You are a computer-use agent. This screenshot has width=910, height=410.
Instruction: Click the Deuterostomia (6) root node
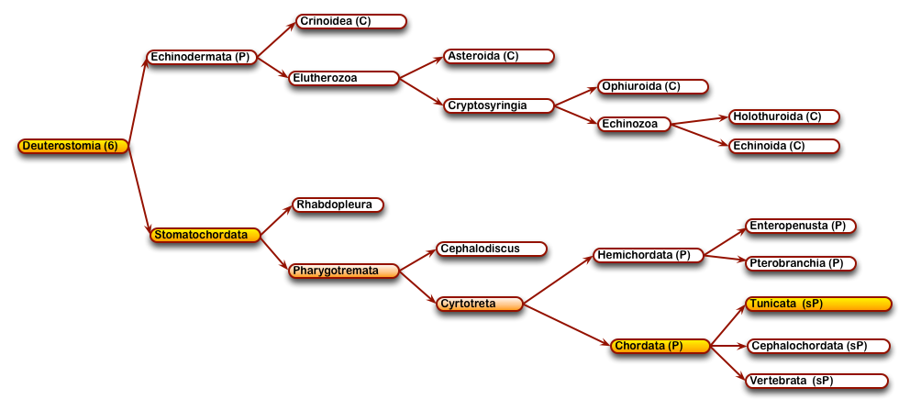point(73,146)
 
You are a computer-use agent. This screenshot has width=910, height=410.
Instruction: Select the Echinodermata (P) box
point(202,58)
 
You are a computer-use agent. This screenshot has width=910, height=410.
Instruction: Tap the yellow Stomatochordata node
point(205,235)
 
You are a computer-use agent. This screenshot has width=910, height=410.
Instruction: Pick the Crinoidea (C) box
point(351,21)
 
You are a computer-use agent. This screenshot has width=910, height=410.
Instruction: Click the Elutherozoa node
point(344,78)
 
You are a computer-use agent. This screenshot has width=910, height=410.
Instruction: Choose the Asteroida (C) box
point(499,56)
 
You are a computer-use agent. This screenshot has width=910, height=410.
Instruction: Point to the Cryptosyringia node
point(499,105)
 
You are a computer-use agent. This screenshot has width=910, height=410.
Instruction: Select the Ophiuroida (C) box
point(653,86)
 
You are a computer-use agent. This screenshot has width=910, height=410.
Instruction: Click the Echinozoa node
point(634,124)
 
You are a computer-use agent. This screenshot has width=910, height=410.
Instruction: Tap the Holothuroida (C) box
point(784,116)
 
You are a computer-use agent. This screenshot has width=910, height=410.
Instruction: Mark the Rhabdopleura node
point(338,205)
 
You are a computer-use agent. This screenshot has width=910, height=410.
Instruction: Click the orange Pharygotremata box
point(344,271)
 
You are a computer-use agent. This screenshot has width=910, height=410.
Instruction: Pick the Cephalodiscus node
point(492,249)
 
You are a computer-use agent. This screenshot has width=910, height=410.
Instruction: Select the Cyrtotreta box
point(480,304)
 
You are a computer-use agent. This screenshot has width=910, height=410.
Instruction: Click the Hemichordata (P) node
point(649,255)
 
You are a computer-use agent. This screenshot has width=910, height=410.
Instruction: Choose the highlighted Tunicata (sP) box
point(818,304)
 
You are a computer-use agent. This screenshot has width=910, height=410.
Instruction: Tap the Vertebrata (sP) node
point(816,381)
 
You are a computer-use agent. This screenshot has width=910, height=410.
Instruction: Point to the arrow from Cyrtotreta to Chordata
point(567,324)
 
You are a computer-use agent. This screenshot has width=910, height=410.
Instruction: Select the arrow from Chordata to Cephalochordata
point(727,346)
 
